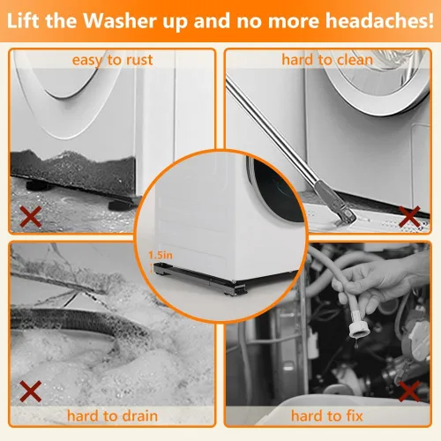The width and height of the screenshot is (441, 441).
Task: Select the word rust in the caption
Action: [139, 60]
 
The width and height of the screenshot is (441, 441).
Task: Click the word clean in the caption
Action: [355, 60]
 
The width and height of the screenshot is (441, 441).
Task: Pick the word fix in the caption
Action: [354, 415]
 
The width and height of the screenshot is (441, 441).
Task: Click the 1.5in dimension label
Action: [161, 255]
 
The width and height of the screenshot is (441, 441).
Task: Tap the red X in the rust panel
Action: [31, 216]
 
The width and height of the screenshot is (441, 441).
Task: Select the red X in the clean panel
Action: [409, 217]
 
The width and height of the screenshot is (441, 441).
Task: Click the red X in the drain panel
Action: [31, 392]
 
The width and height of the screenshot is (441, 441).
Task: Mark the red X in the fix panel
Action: [409, 392]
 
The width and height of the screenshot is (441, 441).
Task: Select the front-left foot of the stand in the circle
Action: [161, 273]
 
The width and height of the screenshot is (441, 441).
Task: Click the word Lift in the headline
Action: [23, 20]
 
